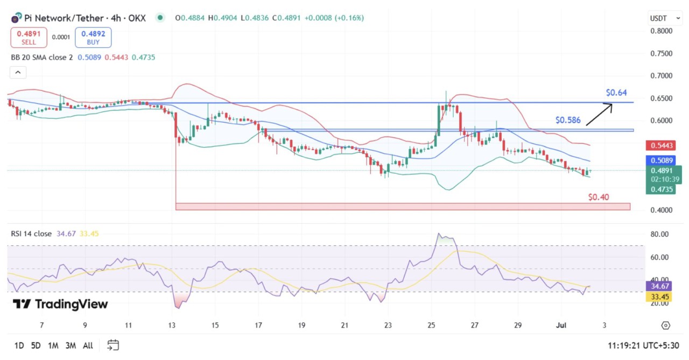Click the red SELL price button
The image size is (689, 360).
(29, 37)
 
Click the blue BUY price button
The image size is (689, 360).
(93, 37)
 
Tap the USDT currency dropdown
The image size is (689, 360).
(662, 18)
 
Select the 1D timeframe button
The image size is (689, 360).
(19, 345)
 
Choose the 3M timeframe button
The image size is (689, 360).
(71, 345)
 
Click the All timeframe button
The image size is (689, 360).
(88, 345)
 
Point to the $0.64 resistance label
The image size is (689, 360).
(616, 93)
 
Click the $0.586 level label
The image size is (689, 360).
(568, 120)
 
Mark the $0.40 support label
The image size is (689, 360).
(599, 197)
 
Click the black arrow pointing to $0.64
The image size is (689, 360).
(599, 115)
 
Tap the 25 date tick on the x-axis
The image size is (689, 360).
(431, 326)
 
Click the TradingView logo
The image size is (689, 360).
(60, 304)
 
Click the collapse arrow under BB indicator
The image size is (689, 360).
(18, 73)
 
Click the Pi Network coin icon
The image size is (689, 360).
(16, 18)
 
